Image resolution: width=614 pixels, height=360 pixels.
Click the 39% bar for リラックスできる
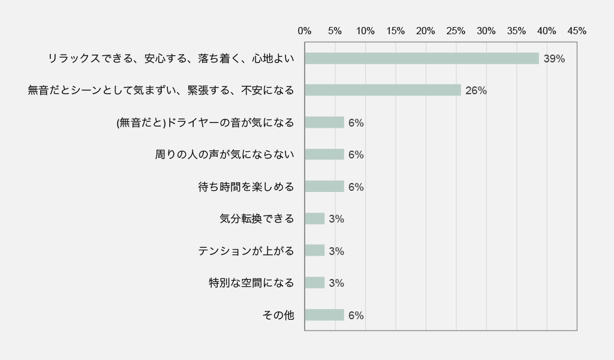click(x=422, y=58)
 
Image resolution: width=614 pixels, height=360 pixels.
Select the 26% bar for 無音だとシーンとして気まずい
click(x=383, y=90)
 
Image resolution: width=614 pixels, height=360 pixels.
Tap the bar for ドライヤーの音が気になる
click(x=324, y=122)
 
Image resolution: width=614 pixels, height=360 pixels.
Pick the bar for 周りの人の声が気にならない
click(x=324, y=154)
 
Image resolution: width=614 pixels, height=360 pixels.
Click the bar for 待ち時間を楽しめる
click(x=324, y=187)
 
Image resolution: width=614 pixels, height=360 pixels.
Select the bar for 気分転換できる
click(x=315, y=218)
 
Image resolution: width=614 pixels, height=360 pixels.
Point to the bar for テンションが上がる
click(x=315, y=251)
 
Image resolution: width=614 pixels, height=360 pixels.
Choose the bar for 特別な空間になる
click(x=315, y=283)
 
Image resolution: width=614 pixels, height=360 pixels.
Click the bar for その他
click(x=324, y=315)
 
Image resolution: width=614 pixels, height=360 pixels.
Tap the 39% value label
click(x=554, y=59)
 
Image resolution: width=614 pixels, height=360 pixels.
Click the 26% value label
click(x=475, y=91)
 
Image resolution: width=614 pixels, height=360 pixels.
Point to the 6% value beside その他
click(x=356, y=316)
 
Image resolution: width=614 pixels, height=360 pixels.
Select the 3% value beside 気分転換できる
click(x=336, y=219)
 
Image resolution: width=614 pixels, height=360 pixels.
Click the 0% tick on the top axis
click(x=305, y=31)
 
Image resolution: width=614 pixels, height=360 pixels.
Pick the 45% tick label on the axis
click(x=577, y=31)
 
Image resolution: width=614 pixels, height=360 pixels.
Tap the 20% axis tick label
click(x=426, y=31)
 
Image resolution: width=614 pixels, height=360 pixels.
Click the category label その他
click(x=278, y=315)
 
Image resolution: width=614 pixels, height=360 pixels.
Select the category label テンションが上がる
click(x=246, y=251)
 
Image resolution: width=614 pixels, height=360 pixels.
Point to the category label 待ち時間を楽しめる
click(x=246, y=187)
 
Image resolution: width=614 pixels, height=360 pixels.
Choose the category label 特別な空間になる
click(x=251, y=283)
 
